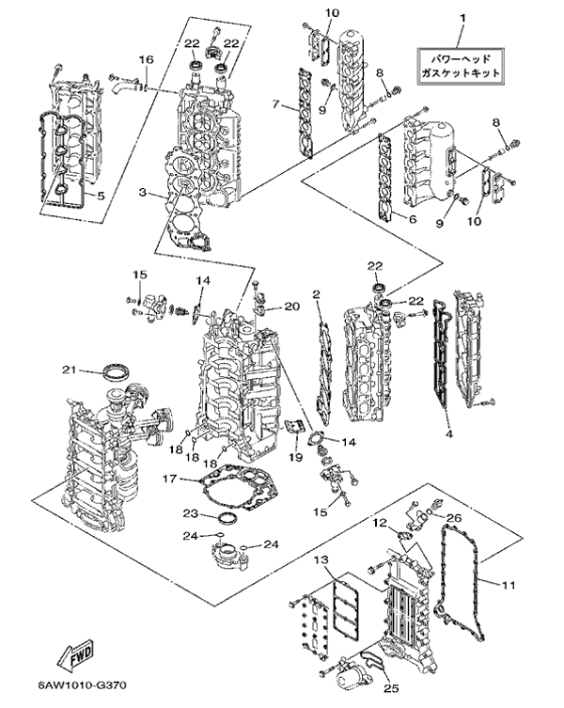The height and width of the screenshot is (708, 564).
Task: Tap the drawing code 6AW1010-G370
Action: (82, 685)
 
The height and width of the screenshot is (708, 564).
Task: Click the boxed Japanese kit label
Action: (460, 66)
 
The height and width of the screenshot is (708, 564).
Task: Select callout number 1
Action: (462, 19)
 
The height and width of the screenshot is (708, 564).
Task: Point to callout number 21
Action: (69, 370)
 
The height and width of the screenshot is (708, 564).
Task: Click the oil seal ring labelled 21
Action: (116, 372)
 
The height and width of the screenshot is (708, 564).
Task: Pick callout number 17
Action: (169, 479)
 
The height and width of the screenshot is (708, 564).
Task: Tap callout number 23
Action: (191, 513)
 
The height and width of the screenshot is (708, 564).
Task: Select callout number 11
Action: (509, 585)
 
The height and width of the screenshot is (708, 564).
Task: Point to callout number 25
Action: (391, 688)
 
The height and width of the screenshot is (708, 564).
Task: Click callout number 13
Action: (321, 559)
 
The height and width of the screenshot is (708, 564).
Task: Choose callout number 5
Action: (101, 196)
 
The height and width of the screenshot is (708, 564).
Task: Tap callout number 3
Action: (143, 193)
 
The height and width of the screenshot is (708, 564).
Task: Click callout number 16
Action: (146, 59)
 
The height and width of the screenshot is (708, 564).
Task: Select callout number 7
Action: (276, 104)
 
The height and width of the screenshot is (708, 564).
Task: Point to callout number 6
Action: (412, 219)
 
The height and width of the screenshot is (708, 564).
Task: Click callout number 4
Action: (449, 434)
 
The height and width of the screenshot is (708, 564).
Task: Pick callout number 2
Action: (316, 294)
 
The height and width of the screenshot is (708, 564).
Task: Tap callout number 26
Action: (455, 517)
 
